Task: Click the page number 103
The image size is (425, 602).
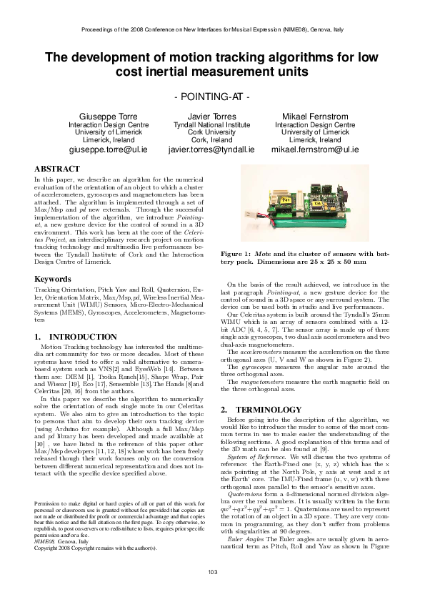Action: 212,590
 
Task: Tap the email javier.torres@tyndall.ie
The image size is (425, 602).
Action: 211,150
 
